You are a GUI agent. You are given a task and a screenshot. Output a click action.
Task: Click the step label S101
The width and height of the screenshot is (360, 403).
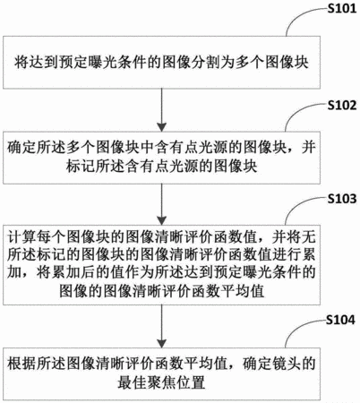[x=342, y=8]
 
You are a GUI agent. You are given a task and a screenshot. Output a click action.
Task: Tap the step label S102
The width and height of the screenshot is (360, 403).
[x=342, y=105]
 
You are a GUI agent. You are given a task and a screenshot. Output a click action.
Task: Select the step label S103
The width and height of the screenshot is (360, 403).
[x=342, y=199]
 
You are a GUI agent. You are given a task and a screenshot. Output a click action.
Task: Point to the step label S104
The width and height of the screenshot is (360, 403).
[x=340, y=320]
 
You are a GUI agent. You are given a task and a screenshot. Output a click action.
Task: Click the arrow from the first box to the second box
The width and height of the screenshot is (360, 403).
[x=161, y=110]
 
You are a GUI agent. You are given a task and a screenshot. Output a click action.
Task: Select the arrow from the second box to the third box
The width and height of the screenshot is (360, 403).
[x=161, y=204]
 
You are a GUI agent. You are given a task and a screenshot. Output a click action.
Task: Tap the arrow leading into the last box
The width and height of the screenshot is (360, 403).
[x=161, y=326]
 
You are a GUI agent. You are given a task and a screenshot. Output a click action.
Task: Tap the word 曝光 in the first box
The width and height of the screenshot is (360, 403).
[x=103, y=63]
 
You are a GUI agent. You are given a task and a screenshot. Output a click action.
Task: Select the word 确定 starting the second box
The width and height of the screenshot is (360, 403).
[x=21, y=148]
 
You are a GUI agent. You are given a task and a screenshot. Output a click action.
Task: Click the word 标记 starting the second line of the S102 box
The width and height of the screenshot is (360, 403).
[x=81, y=166]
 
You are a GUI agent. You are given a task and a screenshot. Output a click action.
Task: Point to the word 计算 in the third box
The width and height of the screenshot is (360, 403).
[x=21, y=237]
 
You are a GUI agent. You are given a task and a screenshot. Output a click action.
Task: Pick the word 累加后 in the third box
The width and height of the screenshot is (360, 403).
[x=73, y=272]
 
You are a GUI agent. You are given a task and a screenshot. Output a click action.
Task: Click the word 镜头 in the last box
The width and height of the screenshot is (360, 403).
[x=287, y=364]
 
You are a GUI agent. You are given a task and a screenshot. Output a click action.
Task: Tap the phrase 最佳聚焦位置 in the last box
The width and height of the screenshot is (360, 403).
[x=161, y=382]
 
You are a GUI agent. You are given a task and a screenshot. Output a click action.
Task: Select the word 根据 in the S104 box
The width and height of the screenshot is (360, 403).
[x=21, y=364]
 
